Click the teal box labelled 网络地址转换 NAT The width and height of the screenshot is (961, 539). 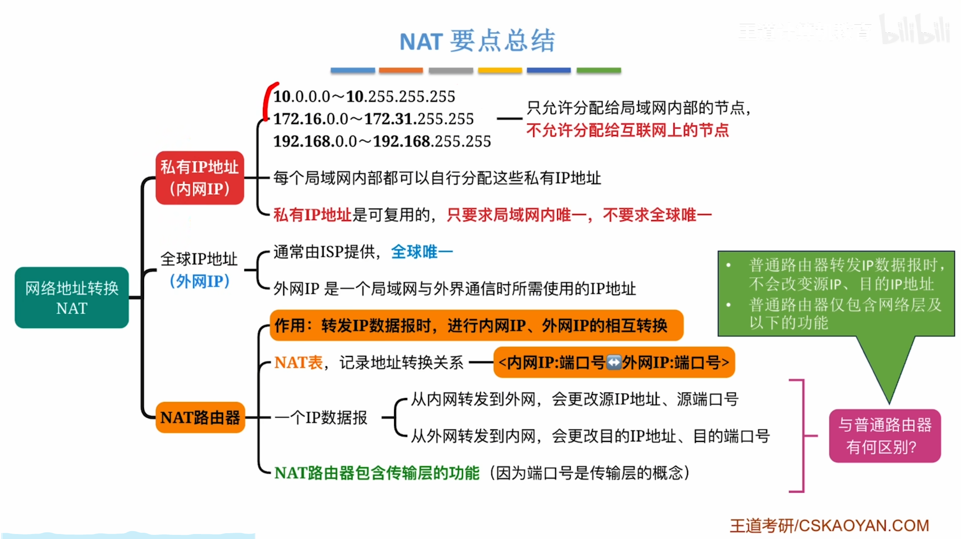pyautogui.click(x=71, y=298)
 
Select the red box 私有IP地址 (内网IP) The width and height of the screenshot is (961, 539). pyautogui.click(x=200, y=178)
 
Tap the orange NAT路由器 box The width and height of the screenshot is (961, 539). pyautogui.click(x=200, y=417)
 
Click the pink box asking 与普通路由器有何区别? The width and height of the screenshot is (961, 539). pyautogui.click(x=885, y=436)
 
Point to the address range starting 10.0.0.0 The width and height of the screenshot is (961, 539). pyautogui.click(x=364, y=97)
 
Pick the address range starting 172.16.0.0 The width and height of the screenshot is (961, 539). pyautogui.click(x=373, y=119)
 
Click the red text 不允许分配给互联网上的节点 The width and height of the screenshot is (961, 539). pyautogui.click(x=627, y=130)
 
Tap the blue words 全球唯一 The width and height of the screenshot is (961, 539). pyautogui.click(x=422, y=252)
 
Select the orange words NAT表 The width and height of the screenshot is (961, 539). pyautogui.click(x=298, y=363)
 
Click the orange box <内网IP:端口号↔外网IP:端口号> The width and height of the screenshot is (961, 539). pyautogui.click(x=614, y=363)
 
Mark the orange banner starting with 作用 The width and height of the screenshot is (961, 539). pyautogui.click(x=476, y=326)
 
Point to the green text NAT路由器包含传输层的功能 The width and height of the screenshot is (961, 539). pyautogui.click(x=377, y=473)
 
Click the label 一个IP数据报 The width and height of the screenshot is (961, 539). pyautogui.click(x=321, y=417)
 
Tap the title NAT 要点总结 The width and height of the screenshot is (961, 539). pyautogui.click(x=477, y=41)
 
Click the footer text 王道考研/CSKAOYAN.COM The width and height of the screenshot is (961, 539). pyautogui.click(x=829, y=526)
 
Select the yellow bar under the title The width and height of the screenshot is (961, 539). pyautogui.click(x=500, y=71)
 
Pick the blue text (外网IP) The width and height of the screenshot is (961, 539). pyautogui.click(x=200, y=281)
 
